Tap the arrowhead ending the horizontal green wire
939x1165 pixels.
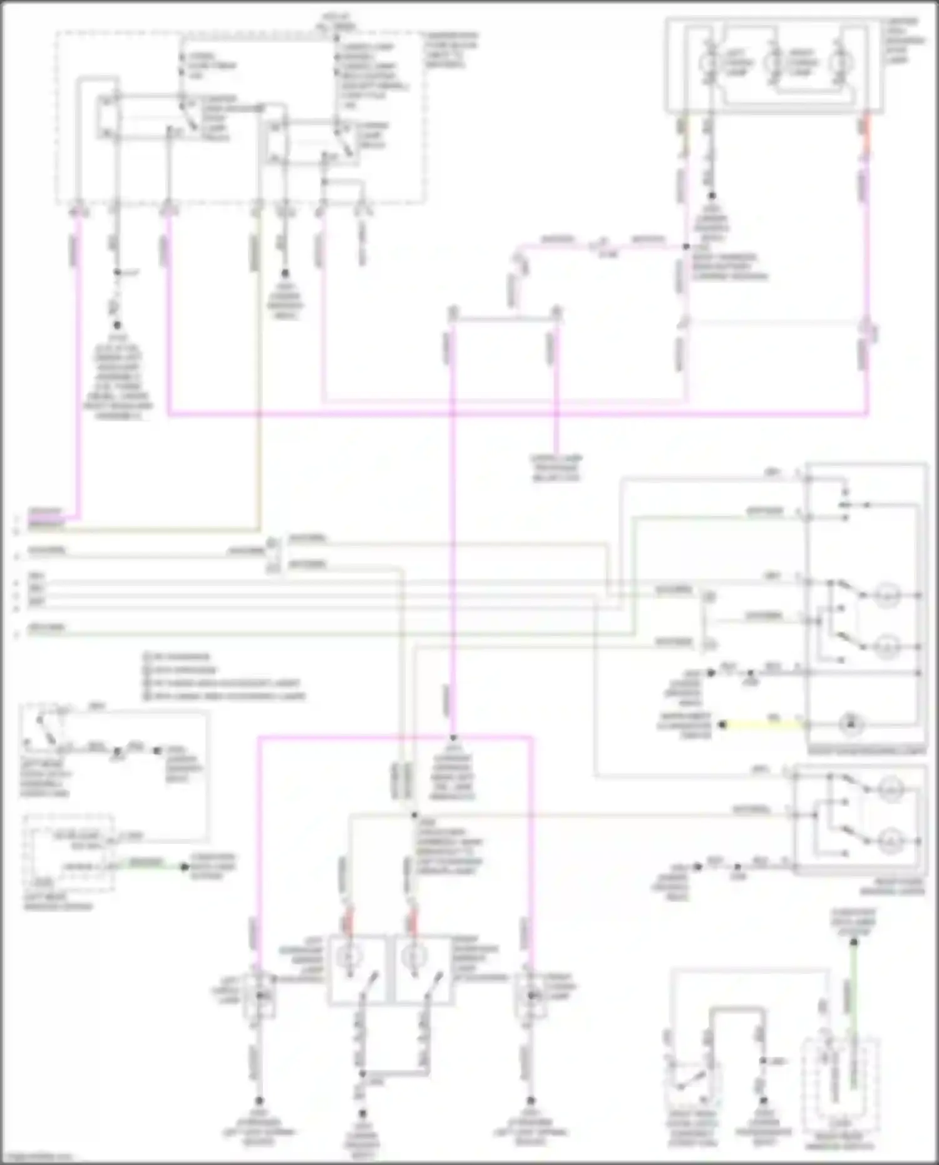(x=184, y=867)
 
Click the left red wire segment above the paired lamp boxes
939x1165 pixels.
(x=349, y=917)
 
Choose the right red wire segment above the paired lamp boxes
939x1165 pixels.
(x=413, y=917)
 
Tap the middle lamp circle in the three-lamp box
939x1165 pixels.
(x=774, y=63)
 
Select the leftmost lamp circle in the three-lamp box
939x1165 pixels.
(x=711, y=63)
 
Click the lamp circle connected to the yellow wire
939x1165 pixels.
(x=851, y=725)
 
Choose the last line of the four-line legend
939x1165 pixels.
(x=225, y=696)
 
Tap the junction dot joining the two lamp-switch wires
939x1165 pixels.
(x=362, y=1074)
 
